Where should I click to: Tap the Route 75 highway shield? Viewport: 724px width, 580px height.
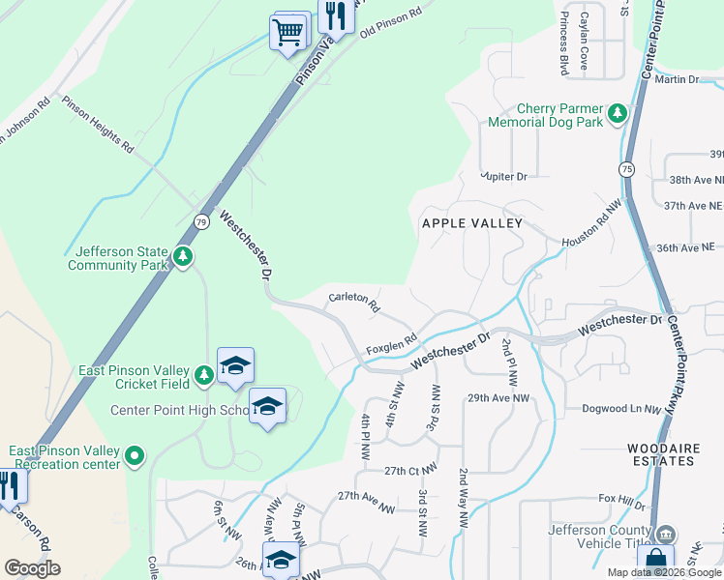click(629, 168)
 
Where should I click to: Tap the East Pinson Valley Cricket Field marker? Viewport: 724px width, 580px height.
click(203, 374)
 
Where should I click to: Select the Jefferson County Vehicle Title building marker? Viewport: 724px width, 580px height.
click(665, 535)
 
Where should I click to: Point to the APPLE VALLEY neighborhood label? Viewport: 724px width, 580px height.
click(471, 223)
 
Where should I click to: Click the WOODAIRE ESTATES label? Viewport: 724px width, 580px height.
click(661, 454)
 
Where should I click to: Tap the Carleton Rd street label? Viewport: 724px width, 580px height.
click(353, 303)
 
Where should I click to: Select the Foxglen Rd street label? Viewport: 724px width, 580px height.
click(390, 343)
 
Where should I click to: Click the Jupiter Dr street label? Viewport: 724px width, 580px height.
click(504, 177)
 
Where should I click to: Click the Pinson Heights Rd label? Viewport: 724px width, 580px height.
click(97, 124)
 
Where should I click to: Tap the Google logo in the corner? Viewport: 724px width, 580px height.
click(32, 568)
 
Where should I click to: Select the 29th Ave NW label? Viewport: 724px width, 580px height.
click(498, 398)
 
